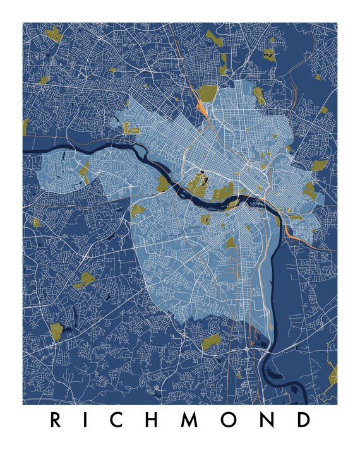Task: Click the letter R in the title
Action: click(x=56, y=419)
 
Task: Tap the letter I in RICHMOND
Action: click(x=91, y=419)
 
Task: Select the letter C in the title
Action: click(x=124, y=419)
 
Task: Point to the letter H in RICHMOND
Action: click(x=160, y=419)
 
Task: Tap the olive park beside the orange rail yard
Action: click(x=207, y=93)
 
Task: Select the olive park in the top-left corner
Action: click(x=53, y=34)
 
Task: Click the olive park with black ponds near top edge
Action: click(x=269, y=54)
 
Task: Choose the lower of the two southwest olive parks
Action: click(x=57, y=330)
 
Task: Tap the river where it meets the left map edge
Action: click(x=25, y=152)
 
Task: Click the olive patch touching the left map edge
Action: click(x=26, y=124)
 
